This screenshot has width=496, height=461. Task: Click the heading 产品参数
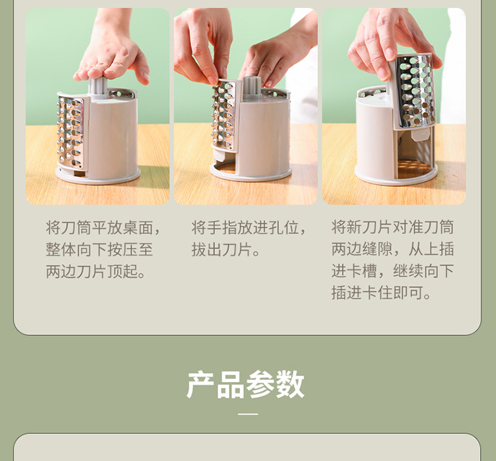tap(246, 385)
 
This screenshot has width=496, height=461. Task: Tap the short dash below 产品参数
tap(248, 414)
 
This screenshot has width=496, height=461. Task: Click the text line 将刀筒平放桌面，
tap(104, 228)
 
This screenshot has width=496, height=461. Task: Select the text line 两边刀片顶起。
tap(97, 272)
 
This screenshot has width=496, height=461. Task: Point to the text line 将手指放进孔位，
tap(250, 228)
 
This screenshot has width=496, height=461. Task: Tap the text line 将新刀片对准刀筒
tap(393, 228)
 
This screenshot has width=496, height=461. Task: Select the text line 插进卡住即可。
tap(382, 293)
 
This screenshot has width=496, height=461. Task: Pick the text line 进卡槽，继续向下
tap(393, 272)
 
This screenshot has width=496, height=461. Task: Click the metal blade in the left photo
tap(70, 132)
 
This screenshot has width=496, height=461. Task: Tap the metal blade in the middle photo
tap(224, 116)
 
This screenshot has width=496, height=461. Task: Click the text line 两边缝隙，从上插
tap(393, 250)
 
